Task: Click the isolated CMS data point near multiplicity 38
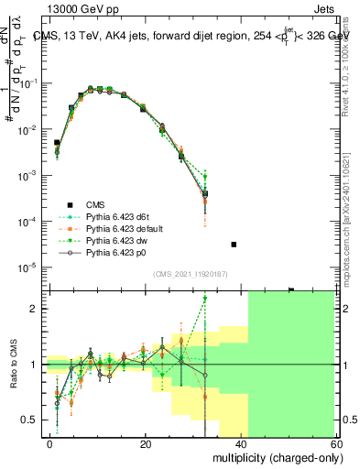pos(234,245)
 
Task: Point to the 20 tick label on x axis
pos(146,443)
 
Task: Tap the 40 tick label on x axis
pos(241,443)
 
